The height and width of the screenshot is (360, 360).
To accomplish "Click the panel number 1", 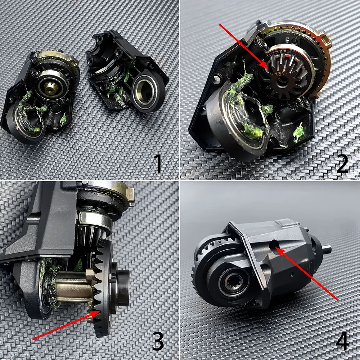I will click(157, 162).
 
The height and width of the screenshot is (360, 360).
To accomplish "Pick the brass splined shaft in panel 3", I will click(72, 288).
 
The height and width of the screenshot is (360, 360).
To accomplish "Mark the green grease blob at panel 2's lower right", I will click(298, 131).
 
